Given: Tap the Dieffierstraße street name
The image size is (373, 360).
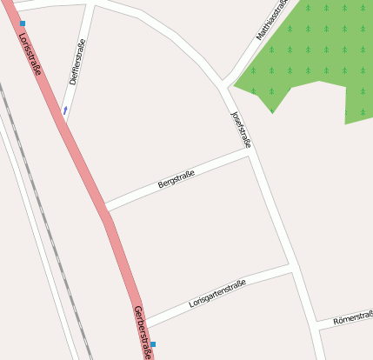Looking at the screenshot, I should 77,63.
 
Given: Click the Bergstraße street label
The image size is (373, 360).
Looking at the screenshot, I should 176,179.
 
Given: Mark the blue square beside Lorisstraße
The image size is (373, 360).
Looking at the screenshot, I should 23,23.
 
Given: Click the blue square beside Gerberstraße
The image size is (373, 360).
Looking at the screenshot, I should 153,345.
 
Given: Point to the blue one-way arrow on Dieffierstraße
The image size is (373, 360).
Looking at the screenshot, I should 65,110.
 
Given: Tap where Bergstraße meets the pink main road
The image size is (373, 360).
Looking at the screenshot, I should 105,209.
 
